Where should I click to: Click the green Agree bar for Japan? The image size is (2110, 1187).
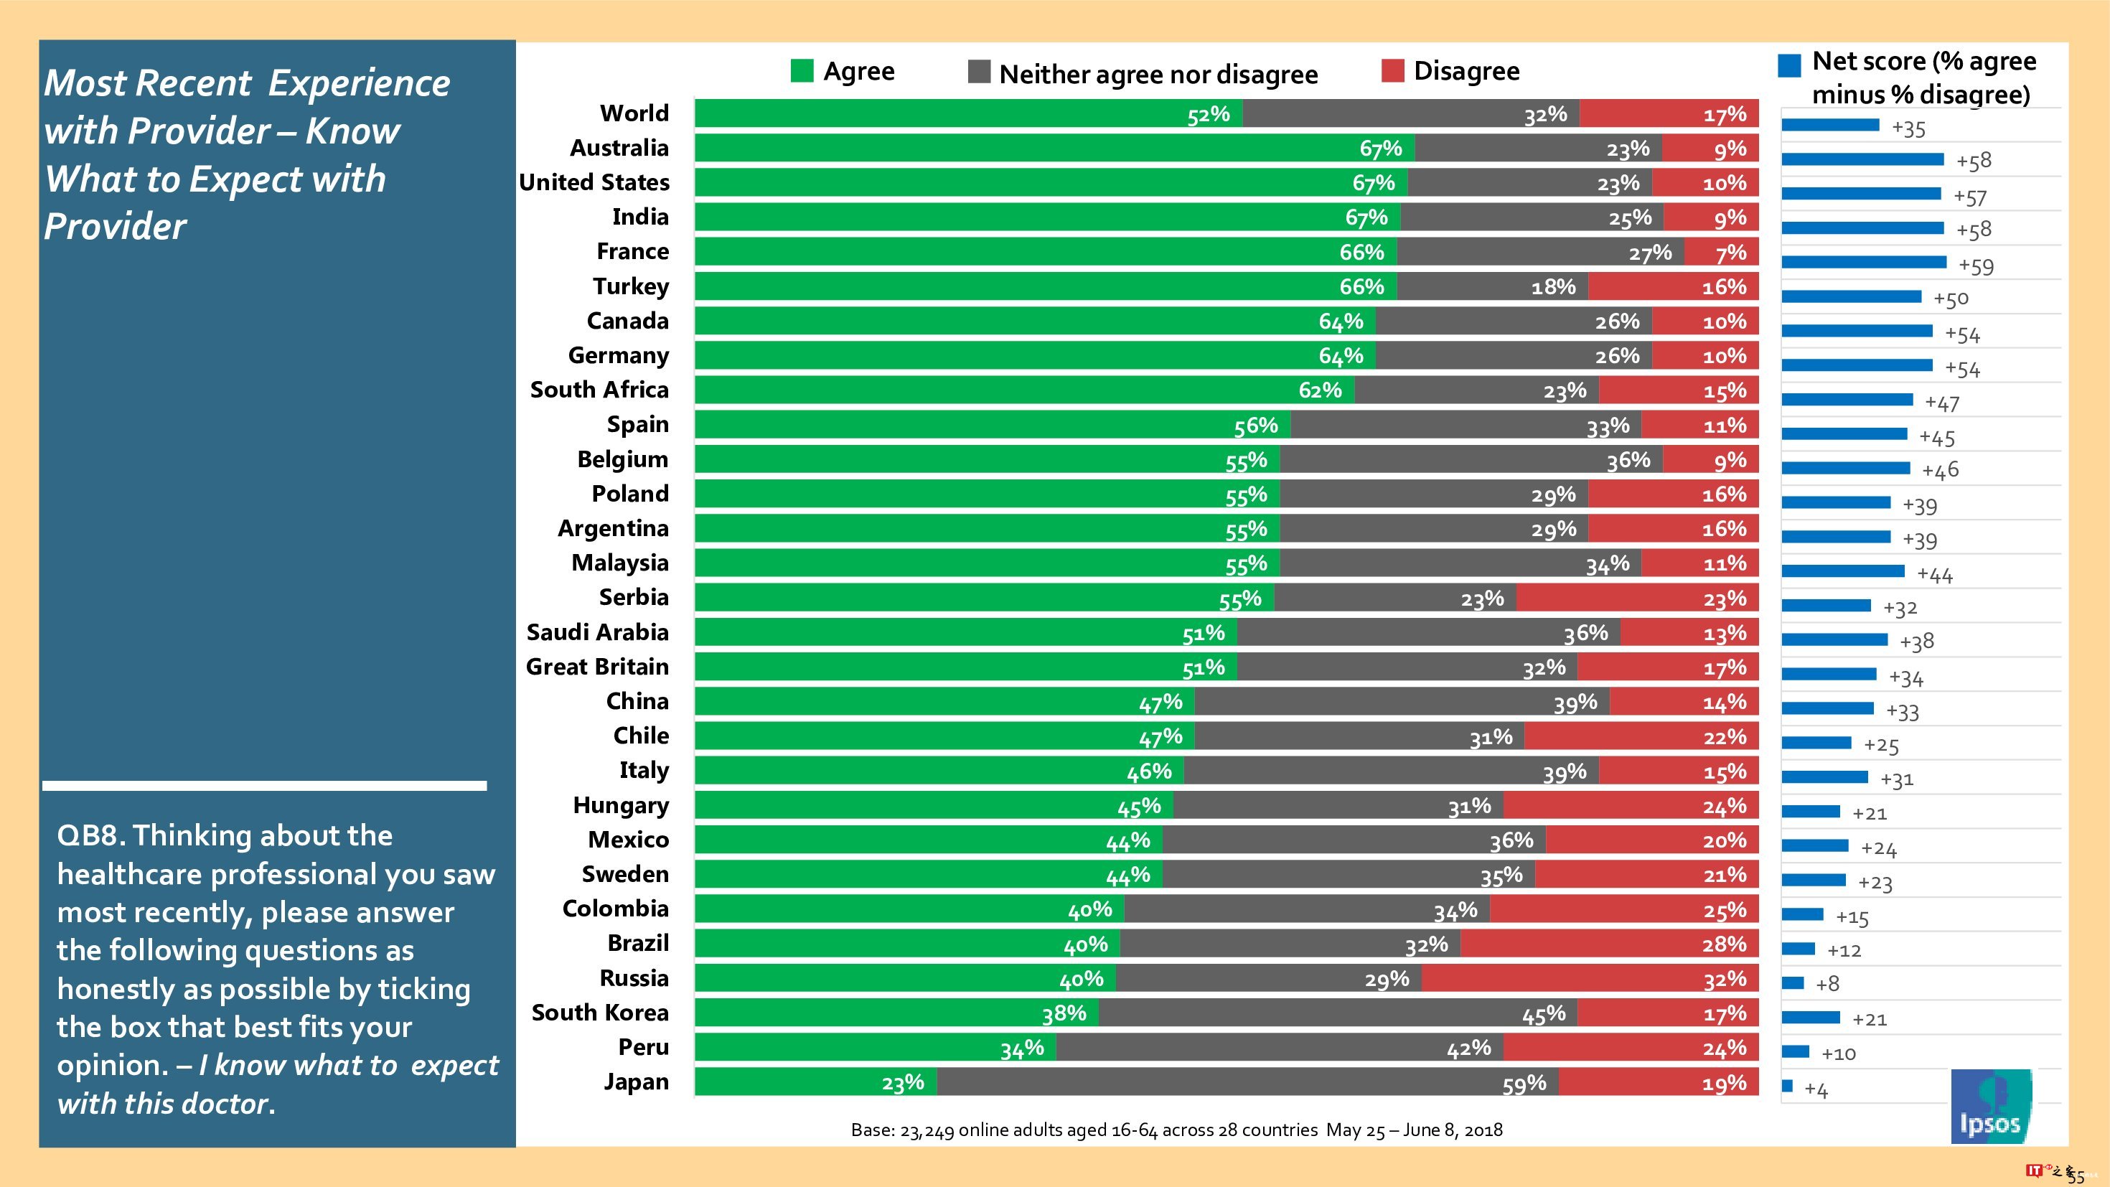[x=815, y=1082]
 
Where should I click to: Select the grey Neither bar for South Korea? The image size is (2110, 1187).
[x=1337, y=1013]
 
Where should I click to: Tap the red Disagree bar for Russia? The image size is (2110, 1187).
[x=1589, y=979]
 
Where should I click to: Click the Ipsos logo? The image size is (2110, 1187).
[x=1990, y=1107]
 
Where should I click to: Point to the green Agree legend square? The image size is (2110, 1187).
[x=802, y=71]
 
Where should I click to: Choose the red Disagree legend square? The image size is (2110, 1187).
[x=1392, y=71]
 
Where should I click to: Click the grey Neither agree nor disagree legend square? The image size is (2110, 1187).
[x=979, y=72]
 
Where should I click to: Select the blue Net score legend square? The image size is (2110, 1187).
[x=1790, y=65]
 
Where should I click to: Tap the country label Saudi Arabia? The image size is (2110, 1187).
[x=597, y=632]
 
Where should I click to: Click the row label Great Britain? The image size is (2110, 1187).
[x=597, y=667]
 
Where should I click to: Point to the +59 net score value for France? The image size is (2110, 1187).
[x=1976, y=266]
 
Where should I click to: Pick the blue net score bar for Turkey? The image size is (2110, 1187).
[x=1851, y=296]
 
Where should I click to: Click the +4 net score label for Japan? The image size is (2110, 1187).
[x=1816, y=1090]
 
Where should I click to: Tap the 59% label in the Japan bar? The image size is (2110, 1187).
[x=1524, y=1084]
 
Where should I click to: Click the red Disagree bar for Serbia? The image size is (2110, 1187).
[x=1636, y=598]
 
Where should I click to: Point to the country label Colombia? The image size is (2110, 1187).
[x=615, y=909]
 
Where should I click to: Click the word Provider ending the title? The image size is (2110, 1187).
[x=116, y=227]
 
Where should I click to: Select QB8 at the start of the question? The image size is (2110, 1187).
[x=90, y=835]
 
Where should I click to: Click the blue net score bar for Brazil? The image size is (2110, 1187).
[x=1799, y=949]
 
